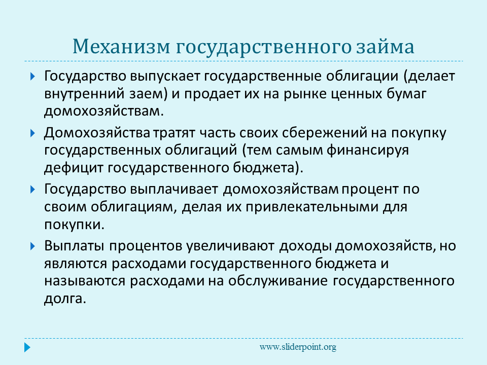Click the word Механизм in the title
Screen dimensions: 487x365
(121, 47)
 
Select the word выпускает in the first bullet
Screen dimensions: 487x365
(164, 77)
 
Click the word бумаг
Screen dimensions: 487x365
(406, 93)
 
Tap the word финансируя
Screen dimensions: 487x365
(367, 151)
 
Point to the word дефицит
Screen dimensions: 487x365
(74, 168)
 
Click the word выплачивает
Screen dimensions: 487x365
(174, 190)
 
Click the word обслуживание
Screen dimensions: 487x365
(278, 281)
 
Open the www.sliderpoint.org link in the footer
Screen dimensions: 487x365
(298, 347)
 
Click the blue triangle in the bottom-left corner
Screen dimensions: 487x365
(27, 347)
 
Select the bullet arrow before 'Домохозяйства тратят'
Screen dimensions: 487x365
(32, 133)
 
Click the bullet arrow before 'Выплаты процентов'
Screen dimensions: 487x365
(32, 246)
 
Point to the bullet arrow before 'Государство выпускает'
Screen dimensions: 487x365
(32, 77)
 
